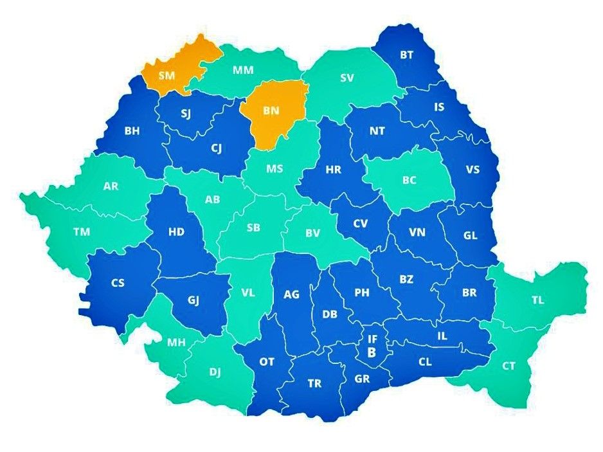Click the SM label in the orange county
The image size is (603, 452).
tap(166, 75)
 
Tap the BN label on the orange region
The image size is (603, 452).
tap(271, 111)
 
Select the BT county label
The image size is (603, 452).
tap(406, 55)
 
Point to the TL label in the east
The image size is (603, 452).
tap(537, 300)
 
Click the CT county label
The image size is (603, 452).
tap(509, 366)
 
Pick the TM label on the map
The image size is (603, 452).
tap(82, 232)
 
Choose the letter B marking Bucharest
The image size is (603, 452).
tap(372, 352)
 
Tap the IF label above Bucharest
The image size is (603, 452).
tap(372, 338)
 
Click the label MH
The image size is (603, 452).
tap(177, 343)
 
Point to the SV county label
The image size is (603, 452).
tap(346, 78)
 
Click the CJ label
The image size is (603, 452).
tap(217, 148)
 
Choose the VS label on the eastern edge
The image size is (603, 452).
tap(473, 170)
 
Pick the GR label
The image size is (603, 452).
tap(362, 379)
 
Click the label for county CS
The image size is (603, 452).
tap(118, 283)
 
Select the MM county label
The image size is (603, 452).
tap(242, 69)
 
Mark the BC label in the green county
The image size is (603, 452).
tap(410, 181)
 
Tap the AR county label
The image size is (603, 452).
tap(111, 186)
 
